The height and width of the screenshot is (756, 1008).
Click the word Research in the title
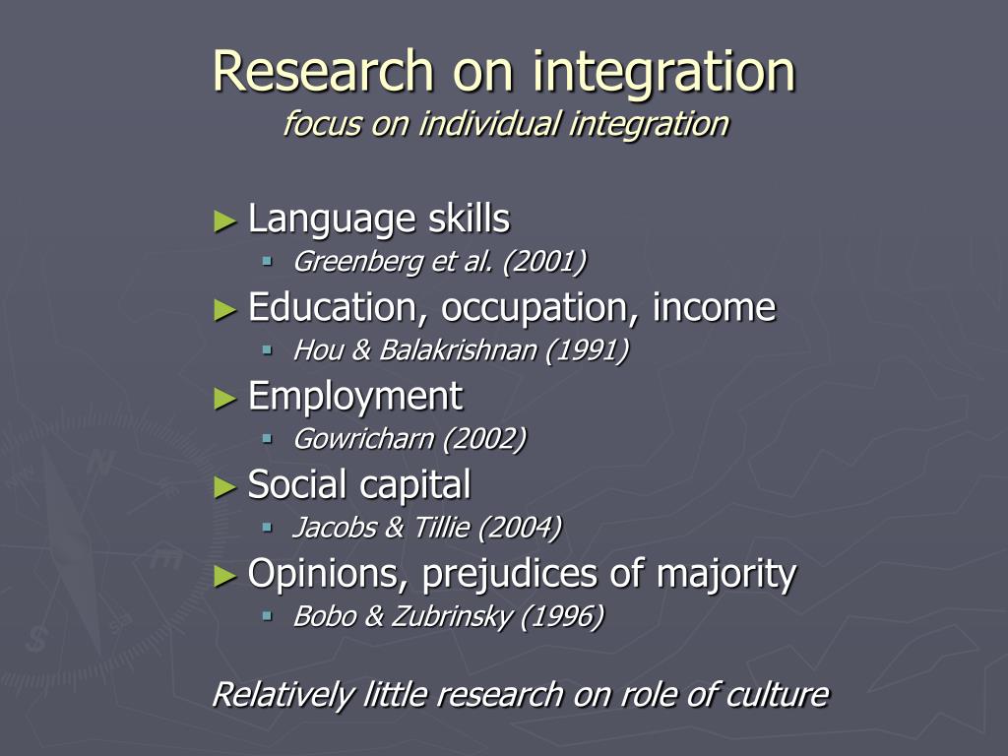[x=323, y=71]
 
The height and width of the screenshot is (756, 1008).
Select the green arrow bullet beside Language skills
[x=225, y=221]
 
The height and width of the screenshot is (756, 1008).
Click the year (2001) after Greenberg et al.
[x=544, y=262]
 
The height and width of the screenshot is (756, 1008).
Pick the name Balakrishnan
[x=458, y=350]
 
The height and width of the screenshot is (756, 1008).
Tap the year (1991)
[x=587, y=350]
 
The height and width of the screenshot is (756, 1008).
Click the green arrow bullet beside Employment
[x=225, y=400]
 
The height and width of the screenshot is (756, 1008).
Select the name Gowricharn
[x=364, y=439]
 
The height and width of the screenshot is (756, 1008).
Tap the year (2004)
[x=520, y=528]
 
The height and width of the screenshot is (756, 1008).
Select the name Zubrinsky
[x=451, y=616]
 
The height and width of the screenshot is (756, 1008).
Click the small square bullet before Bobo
[x=268, y=616]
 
